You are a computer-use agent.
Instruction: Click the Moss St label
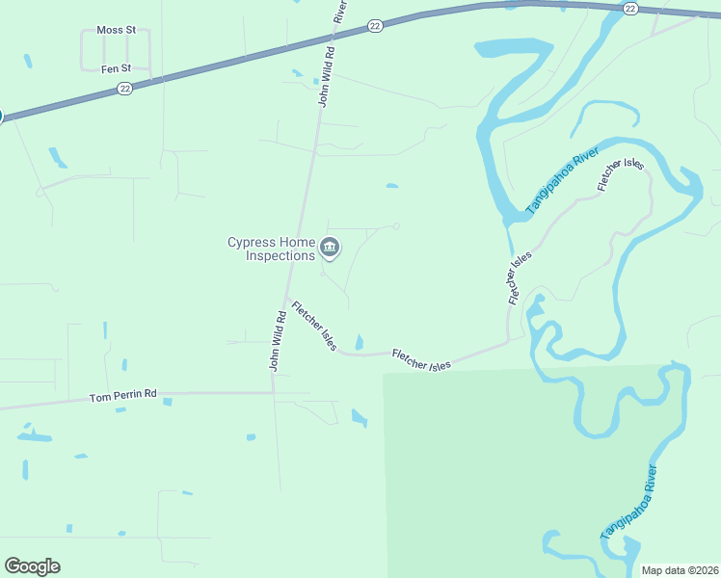(x=116, y=30)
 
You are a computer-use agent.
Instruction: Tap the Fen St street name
(x=116, y=68)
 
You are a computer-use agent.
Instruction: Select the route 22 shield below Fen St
(x=124, y=88)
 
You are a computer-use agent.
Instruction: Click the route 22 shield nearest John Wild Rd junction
(x=374, y=27)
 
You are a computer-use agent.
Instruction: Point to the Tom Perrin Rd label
(x=122, y=397)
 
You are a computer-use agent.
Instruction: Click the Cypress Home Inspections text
(x=271, y=249)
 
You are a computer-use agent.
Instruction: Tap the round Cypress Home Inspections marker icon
(x=330, y=249)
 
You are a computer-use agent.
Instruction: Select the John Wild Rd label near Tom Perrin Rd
(x=277, y=341)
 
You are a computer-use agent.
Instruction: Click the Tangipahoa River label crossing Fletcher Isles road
(x=562, y=181)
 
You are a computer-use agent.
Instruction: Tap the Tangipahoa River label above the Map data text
(x=628, y=501)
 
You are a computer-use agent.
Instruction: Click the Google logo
(x=32, y=566)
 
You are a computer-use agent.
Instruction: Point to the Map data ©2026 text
(x=680, y=570)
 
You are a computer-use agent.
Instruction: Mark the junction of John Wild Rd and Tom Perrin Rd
(x=274, y=392)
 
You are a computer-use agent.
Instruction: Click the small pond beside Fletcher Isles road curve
(x=360, y=342)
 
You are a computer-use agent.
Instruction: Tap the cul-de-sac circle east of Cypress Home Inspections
(x=396, y=226)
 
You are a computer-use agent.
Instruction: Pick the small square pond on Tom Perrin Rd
(x=167, y=402)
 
